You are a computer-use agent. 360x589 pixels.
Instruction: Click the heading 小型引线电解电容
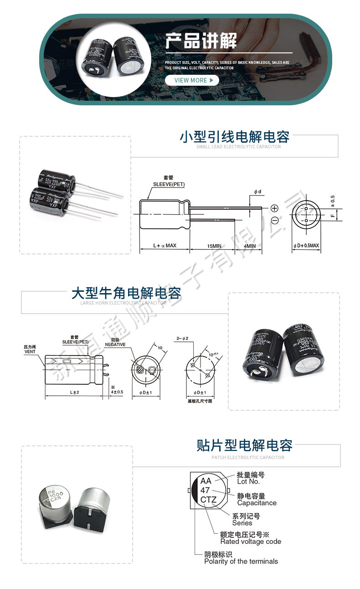tap(235, 137)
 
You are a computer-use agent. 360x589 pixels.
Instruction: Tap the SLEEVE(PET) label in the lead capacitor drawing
tap(169, 185)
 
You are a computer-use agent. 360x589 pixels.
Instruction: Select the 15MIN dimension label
tap(214, 246)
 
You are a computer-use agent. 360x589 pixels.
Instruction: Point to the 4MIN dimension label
tap(250, 246)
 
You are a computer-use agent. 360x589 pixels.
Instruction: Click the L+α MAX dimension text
tap(165, 246)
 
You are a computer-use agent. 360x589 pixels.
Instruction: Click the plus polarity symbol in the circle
tap(274, 208)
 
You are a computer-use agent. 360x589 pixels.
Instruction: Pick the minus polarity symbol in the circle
tap(274, 221)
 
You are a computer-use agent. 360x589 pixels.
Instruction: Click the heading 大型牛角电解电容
tap(126, 293)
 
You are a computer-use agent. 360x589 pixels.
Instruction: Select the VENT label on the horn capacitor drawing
tap(30, 352)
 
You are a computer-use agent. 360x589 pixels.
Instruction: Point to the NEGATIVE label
tap(115, 345)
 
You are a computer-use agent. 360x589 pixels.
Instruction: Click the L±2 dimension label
tap(74, 393)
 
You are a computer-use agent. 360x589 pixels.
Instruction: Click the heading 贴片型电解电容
tap(245, 445)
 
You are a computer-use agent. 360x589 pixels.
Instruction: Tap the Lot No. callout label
tap(248, 481)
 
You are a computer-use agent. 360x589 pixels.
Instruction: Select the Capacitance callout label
tap(257, 503)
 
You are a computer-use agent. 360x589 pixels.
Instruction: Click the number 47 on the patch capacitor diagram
tap(206, 490)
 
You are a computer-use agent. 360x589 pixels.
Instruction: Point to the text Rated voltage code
tap(251, 542)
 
